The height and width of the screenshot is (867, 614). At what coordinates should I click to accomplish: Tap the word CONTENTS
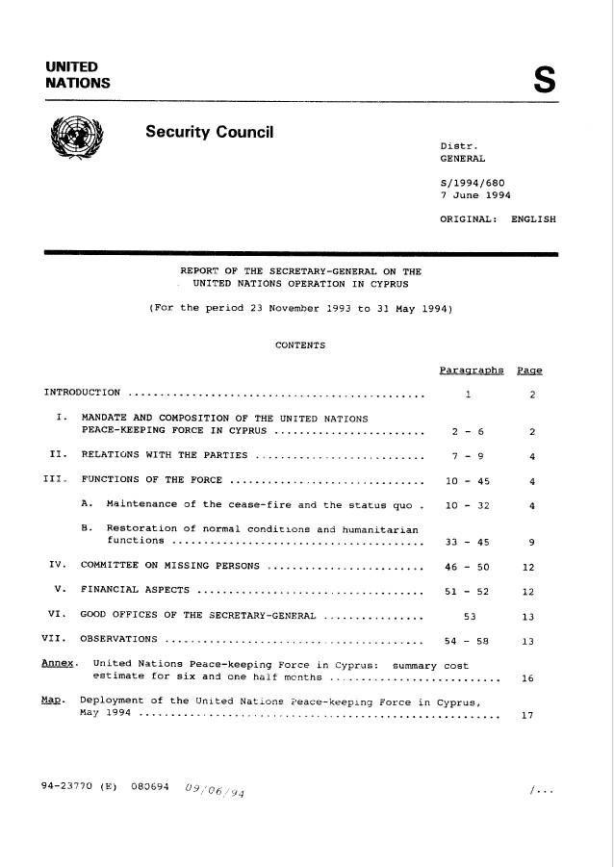[300, 345]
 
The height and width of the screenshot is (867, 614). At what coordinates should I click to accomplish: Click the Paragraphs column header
[472, 370]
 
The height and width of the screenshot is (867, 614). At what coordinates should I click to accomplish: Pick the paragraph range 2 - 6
[466, 430]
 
